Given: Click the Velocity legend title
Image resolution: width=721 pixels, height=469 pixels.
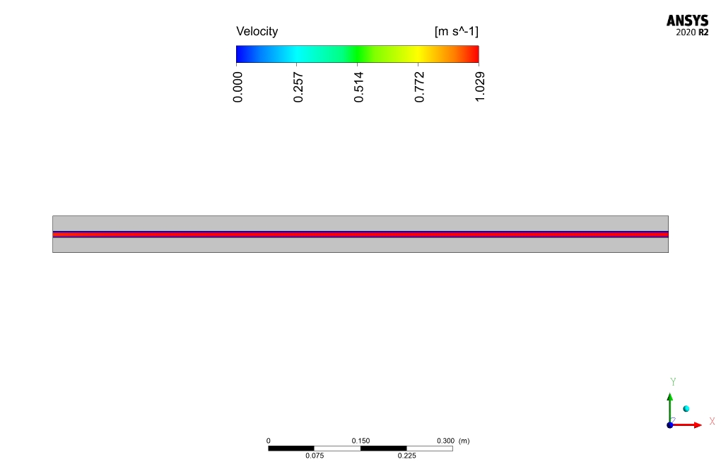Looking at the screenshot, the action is point(257,32).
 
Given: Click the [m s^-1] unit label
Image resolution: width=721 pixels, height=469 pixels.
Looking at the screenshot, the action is point(456,31).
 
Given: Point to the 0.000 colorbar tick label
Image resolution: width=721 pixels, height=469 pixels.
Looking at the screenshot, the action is point(238,88).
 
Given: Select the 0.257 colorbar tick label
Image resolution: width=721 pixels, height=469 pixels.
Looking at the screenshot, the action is point(298,88).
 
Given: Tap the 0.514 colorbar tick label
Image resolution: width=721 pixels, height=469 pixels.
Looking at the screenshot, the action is point(358,88).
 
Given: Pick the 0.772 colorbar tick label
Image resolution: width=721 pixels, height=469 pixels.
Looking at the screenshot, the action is point(419,88).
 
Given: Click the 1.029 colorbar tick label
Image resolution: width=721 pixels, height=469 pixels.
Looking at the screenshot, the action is point(479,88).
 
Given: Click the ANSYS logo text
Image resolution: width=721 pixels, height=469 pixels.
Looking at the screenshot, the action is point(688,20).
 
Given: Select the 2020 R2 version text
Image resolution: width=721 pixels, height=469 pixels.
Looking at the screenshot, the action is point(692,32).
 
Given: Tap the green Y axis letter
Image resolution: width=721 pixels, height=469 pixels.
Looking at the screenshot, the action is point(673,381).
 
